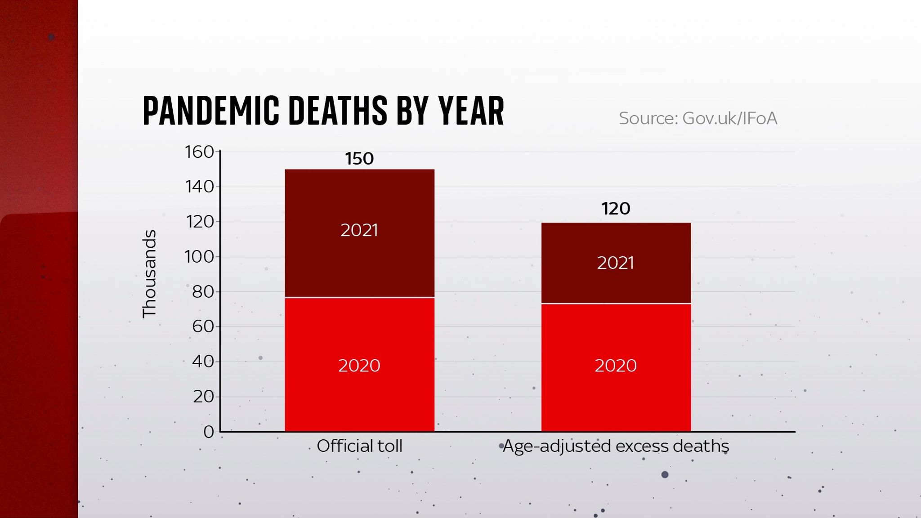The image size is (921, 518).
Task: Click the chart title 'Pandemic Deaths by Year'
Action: point(323,111)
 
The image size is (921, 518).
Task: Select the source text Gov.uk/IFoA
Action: point(697,118)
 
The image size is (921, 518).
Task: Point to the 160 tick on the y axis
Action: point(199,152)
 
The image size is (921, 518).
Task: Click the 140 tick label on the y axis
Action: point(199,187)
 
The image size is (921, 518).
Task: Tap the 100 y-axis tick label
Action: point(199,257)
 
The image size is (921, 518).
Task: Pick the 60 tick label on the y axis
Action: point(203,326)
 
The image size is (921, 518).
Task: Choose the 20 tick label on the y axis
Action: point(203,397)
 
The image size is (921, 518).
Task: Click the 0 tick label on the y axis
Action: point(208,432)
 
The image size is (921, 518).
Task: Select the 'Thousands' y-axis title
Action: point(149,274)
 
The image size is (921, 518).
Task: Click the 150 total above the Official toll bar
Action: point(359,159)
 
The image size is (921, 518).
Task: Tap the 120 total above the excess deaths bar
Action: point(616,209)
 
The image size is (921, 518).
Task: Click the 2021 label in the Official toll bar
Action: point(359,230)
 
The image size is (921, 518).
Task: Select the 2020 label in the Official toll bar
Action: point(359,366)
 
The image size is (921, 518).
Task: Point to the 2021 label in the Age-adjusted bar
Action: point(616,263)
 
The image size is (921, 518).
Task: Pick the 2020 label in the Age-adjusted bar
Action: point(616,366)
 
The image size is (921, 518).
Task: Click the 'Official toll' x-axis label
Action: point(359,446)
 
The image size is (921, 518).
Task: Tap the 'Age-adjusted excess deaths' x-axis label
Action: point(616,446)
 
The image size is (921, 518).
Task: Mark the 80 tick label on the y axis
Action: point(203,292)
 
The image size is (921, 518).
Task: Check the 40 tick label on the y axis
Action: point(203,361)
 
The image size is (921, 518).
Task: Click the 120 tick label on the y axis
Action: point(199,222)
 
